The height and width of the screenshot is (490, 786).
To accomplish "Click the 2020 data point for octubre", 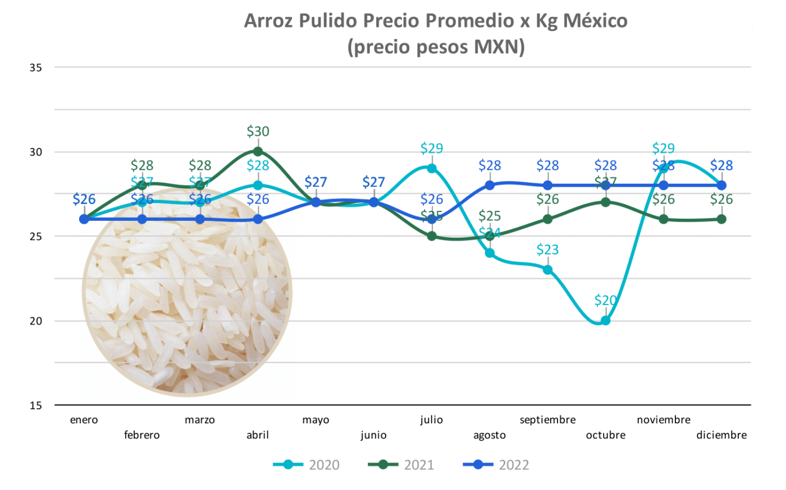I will pyautogui.click(x=605, y=321).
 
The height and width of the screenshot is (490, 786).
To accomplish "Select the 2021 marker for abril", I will pyautogui.click(x=258, y=151).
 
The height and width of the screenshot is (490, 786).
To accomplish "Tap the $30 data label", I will pyautogui.click(x=258, y=132).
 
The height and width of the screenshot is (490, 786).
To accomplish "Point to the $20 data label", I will pyautogui.click(x=605, y=301).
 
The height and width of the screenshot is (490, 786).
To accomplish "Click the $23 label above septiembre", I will pyautogui.click(x=547, y=250).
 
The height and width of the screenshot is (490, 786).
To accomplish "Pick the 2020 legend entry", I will pyautogui.click(x=307, y=465).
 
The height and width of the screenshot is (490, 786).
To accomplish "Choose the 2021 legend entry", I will pyautogui.click(x=401, y=465).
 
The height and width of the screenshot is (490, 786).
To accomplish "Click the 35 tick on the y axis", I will pyautogui.click(x=35, y=68).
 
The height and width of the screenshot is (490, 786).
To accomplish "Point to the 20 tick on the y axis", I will pyautogui.click(x=35, y=321).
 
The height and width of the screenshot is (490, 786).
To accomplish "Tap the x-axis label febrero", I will pyautogui.click(x=142, y=435).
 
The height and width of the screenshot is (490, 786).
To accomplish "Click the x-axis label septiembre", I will pyautogui.click(x=547, y=420).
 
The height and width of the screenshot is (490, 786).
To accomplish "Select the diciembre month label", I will pyautogui.click(x=721, y=435).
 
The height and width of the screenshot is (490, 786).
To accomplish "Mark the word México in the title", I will pyautogui.click(x=595, y=21).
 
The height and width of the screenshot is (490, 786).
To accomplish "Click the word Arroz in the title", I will pyautogui.click(x=269, y=21).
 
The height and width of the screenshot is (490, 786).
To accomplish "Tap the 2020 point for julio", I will pyautogui.click(x=432, y=168).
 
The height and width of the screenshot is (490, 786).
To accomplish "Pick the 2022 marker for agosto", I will pyautogui.click(x=490, y=185).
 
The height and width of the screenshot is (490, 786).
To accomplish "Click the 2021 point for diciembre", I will pyautogui.click(x=721, y=219).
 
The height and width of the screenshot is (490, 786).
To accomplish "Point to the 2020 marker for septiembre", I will pyautogui.click(x=547, y=270).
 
